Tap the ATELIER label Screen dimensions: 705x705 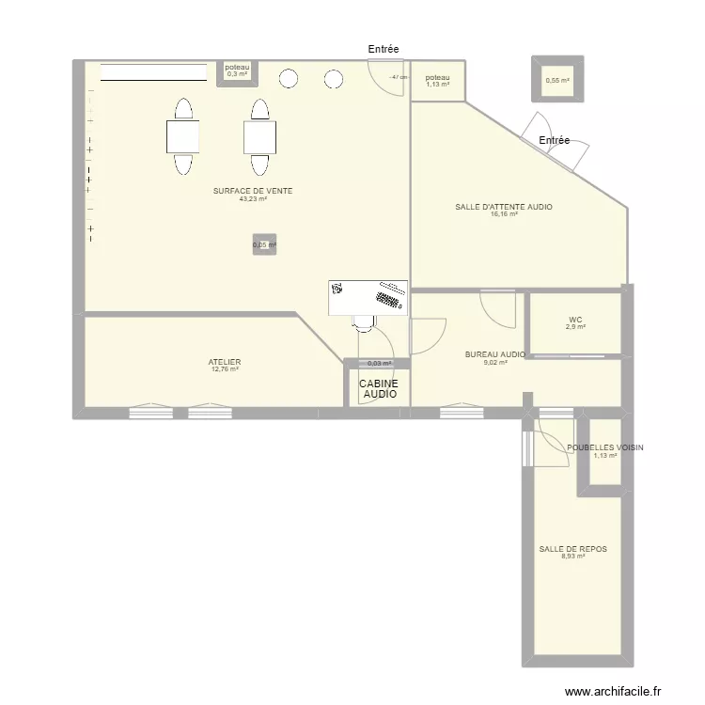tap(225, 361)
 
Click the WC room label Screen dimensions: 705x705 tap(575, 319)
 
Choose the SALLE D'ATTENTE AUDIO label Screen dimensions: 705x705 tap(504, 207)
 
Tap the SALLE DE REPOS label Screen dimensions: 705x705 tap(566, 549)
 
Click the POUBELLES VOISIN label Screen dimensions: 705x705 tap(605, 448)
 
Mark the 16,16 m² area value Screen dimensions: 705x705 tap(504, 214)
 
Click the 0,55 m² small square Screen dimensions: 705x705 tap(557, 81)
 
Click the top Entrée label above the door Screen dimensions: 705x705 tap(384, 49)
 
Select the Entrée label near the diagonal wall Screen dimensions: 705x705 tap(555, 140)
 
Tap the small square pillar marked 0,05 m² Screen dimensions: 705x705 tap(264, 245)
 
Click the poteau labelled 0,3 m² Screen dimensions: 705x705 tap(238, 70)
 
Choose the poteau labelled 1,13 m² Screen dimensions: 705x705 tap(438, 81)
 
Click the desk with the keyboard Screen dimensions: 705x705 tap(368, 297)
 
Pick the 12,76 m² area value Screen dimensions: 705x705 tap(225, 369)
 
